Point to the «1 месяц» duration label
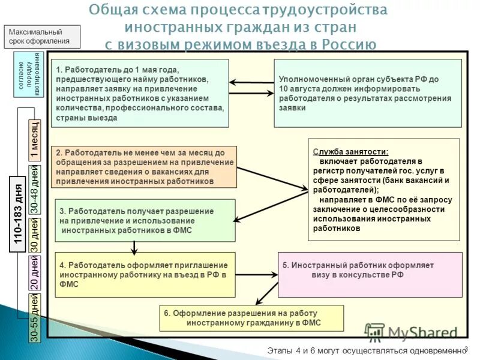click(x=34, y=140)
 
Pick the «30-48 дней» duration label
click(x=34, y=189)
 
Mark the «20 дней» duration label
click(x=34, y=275)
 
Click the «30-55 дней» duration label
click(x=34, y=318)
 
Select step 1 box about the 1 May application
click(x=140, y=93)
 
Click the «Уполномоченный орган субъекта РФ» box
click(x=368, y=93)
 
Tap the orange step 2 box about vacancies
click(x=143, y=166)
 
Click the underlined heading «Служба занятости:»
click(x=350, y=152)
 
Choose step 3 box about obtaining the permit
click(x=145, y=220)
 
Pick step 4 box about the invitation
click(x=145, y=274)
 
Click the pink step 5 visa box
click(x=370, y=274)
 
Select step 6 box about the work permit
click(x=251, y=318)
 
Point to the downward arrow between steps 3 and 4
click(x=134, y=246)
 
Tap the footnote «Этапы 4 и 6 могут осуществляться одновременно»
click(x=366, y=350)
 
